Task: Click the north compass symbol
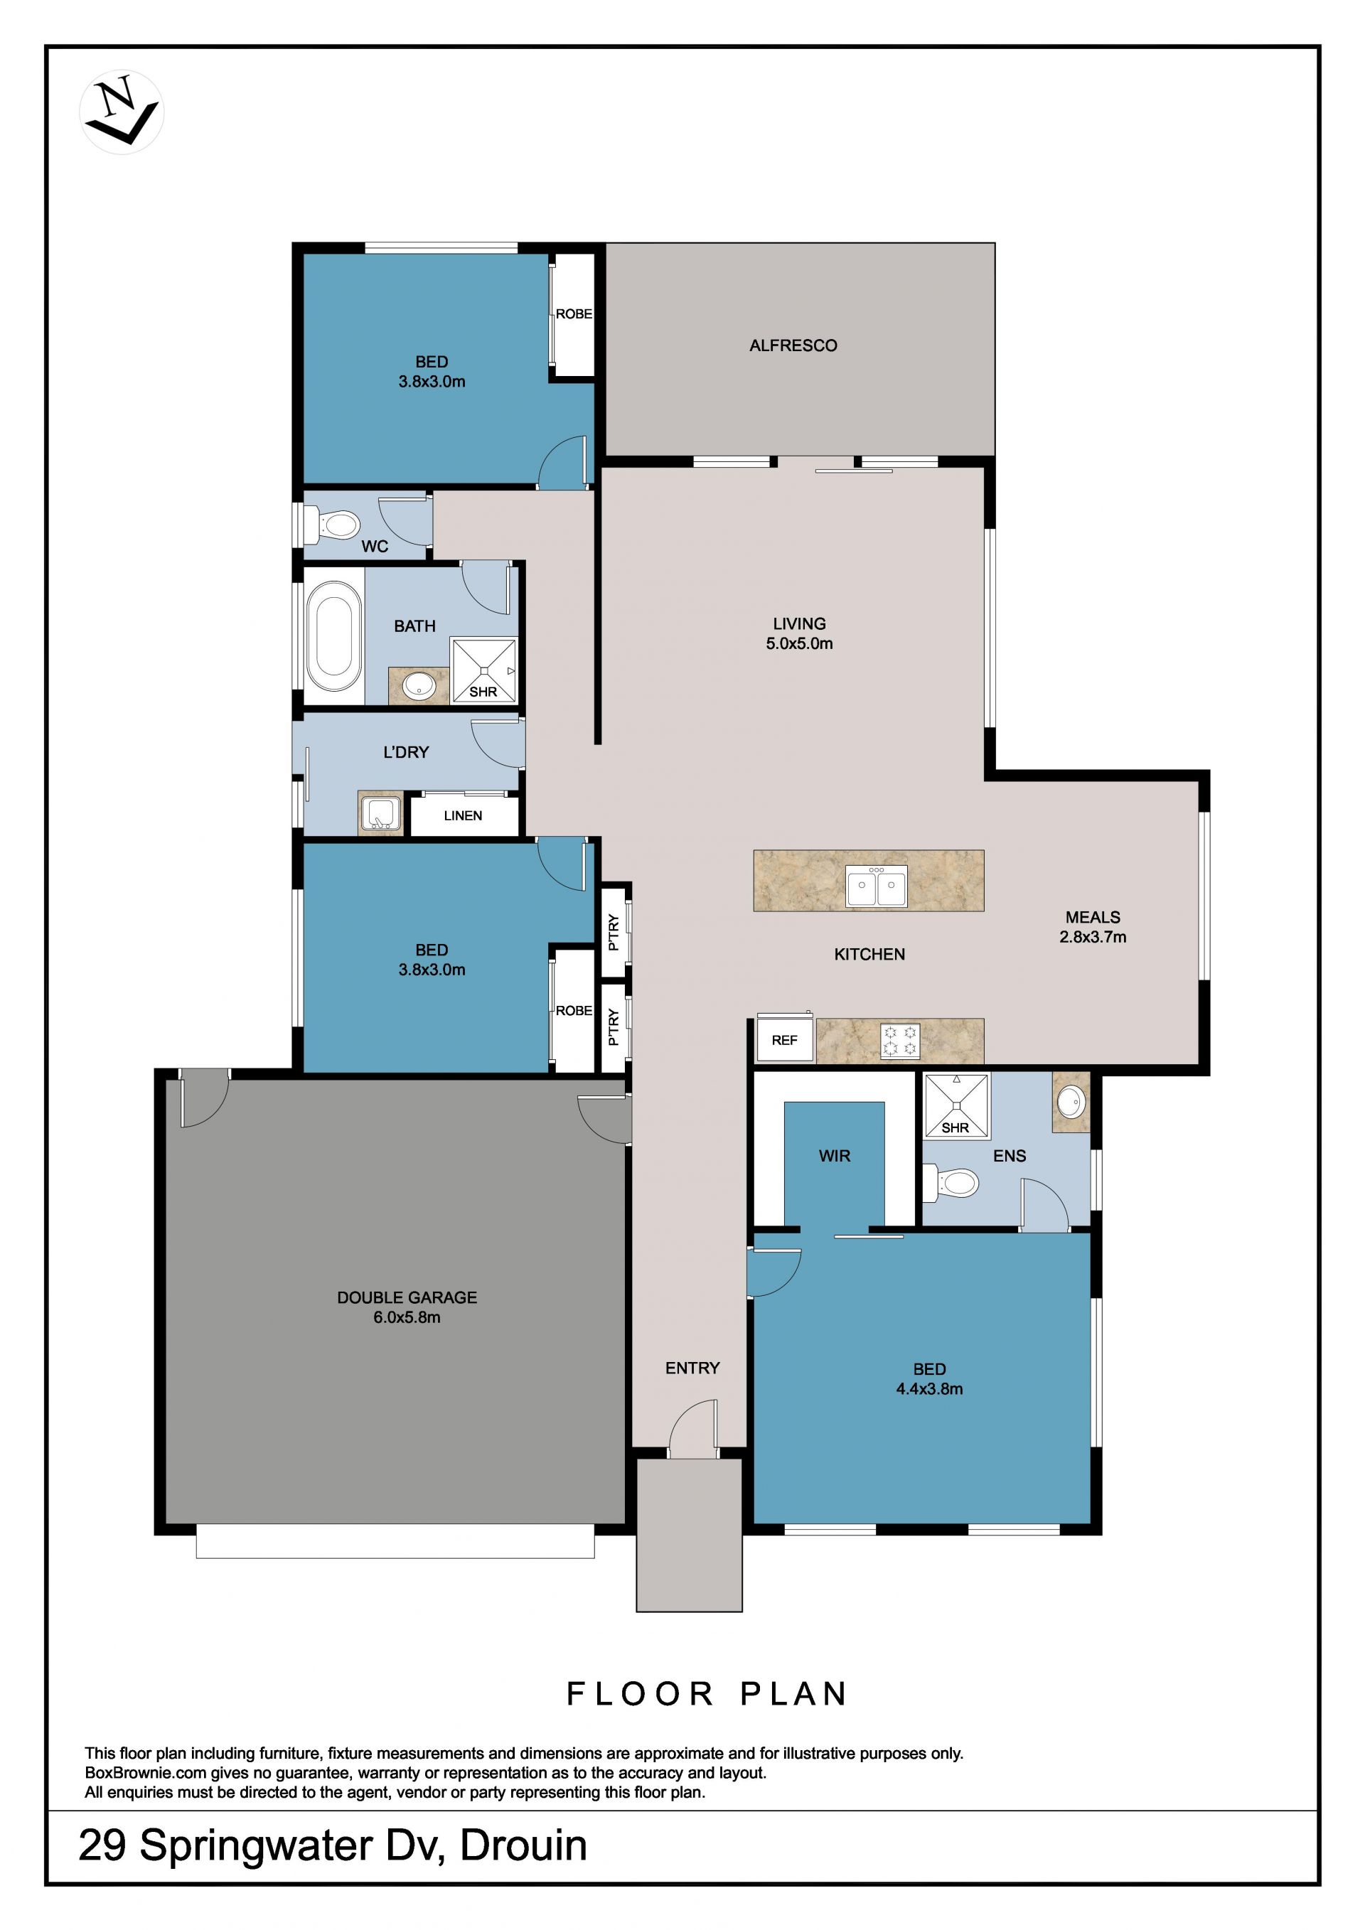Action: pos(122,112)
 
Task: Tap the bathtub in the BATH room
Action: pos(335,635)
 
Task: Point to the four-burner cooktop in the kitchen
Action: pos(900,1041)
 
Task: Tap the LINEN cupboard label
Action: pos(463,815)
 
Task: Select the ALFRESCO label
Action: pos(793,345)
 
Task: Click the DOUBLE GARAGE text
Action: pos(407,1298)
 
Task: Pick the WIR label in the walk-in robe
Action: pos(835,1156)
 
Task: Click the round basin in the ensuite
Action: pos(1070,1102)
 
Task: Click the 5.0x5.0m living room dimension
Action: pos(799,644)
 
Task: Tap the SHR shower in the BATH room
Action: pos(483,670)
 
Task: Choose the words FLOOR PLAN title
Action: pos(707,1694)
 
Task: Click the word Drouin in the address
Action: pos(524,1847)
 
